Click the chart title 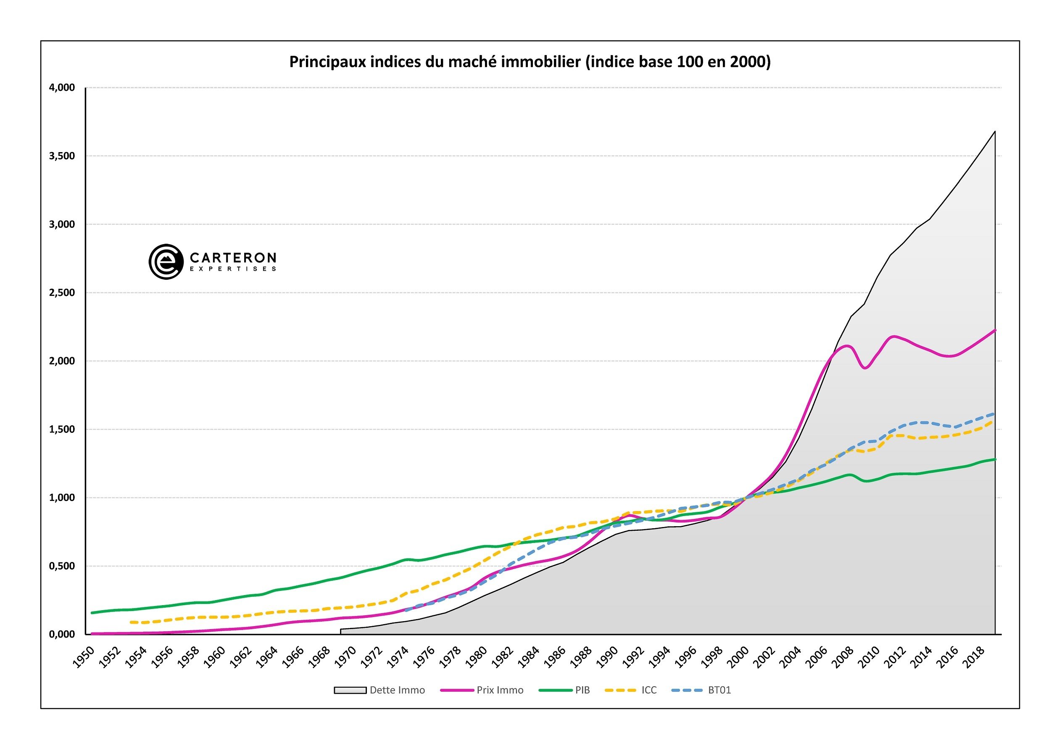[530, 62]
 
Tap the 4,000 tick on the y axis [62, 88]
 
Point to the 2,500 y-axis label [62, 293]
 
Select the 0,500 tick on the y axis [62, 566]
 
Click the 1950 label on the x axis [84, 657]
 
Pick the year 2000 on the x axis [738, 657]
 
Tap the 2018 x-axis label [974, 657]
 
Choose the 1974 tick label [398, 657]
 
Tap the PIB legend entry [565, 690]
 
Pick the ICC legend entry [631, 690]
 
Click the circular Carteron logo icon [166, 262]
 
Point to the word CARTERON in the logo [233, 257]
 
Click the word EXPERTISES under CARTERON [233, 269]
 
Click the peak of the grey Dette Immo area [994, 132]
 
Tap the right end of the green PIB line [994, 459]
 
